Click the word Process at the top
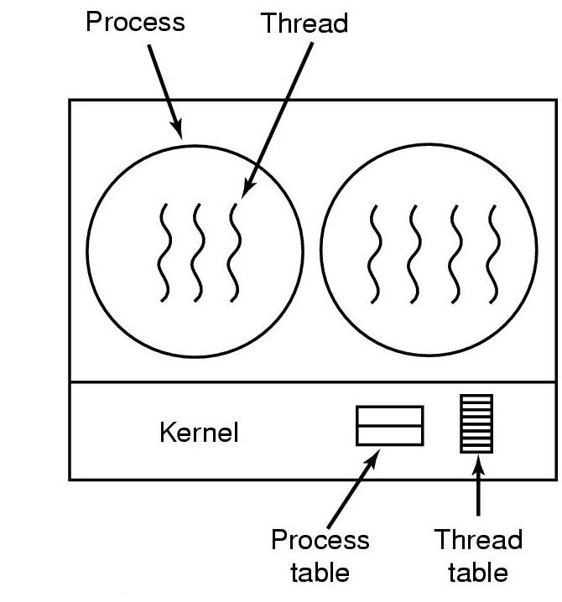[x=135, y=21]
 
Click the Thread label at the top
[x=304, y=23]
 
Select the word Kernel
[x=199, y=433]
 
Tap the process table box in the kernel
[x=390, y=426]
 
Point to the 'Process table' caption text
[x=320, y=556]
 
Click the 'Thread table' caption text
[x=478, y=556]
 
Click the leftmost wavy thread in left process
[x=164, y=252]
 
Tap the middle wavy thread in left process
[x=199, y=252]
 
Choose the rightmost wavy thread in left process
[x=236, y=252]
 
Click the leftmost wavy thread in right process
[x=375, y=252]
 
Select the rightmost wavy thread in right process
[x=495, y=252]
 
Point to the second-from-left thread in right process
[x=415, y=252]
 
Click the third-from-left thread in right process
[x=455, y=252]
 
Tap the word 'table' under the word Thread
[x=478, y=573]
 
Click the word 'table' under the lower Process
[x=320, y=573]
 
